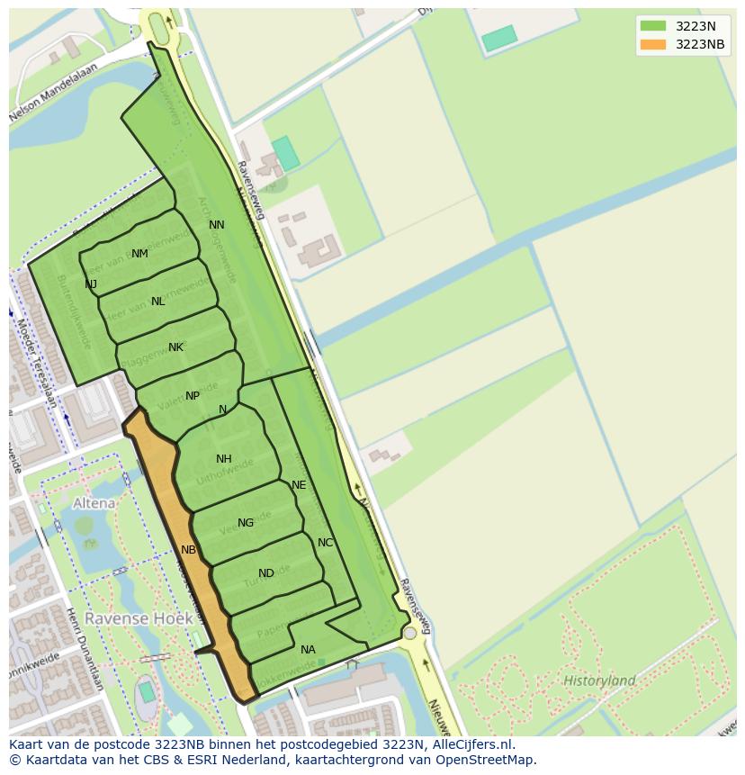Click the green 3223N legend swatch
click(x=653, y=26)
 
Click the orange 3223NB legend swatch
click(x=653, y=44)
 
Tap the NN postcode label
click(x=217, y=225)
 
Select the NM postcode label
click(x=139, y=254)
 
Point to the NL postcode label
click(x=158, y=302)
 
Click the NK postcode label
click(x=175, y=347)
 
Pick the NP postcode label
click(x=193, y=396)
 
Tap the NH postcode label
click(x=224, y=459)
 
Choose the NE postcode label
click(x=299, y=485)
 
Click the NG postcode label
click(x=246, y=523)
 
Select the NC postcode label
click(x=326, y=543)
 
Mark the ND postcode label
click(x=266, y=573)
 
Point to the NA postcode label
click(x=308, y=650)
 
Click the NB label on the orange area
click(x=188, y=550)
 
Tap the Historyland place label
click(x=599, y=680)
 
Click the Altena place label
click(x=94, y=503)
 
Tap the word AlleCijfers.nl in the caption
click(x=471, y=744)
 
